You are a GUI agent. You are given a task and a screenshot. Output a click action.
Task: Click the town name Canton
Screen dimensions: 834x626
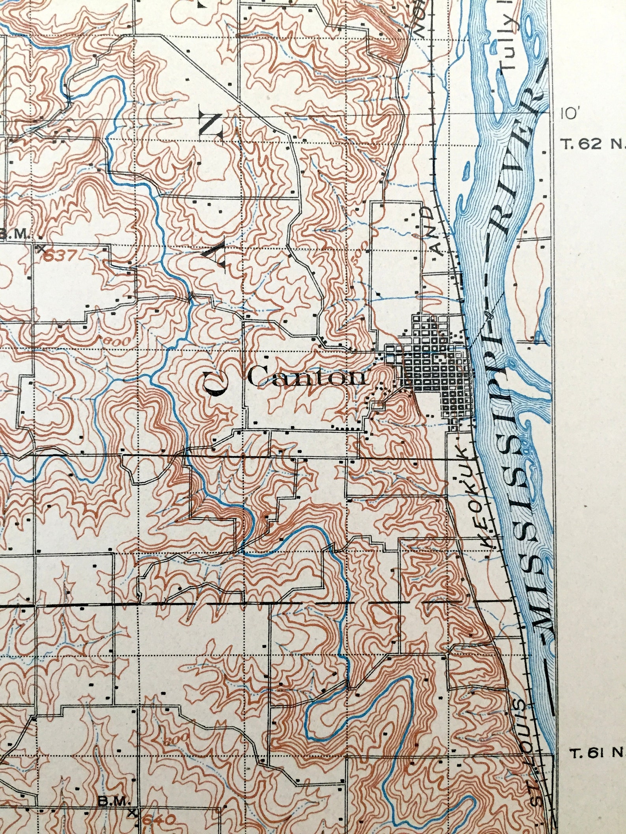pos(306,377)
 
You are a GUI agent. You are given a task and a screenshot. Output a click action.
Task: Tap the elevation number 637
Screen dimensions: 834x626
pos(60,256)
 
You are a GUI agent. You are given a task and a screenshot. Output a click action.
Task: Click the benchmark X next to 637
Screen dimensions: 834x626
pos(41,249)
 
